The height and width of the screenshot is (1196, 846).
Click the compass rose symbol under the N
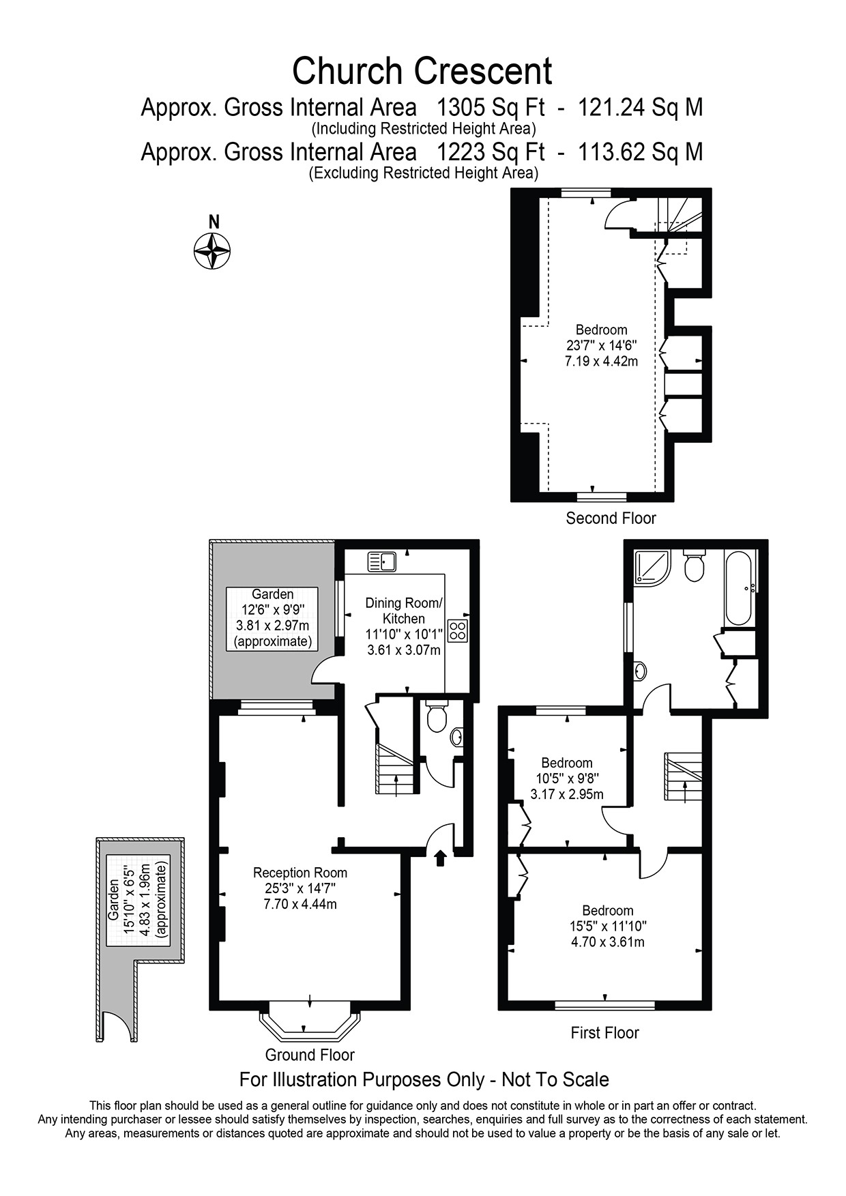coord(212,250)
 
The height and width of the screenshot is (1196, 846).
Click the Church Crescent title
coord(422,71)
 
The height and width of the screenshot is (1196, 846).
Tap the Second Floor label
coord(611,518)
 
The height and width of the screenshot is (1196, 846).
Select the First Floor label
coord(604,1032)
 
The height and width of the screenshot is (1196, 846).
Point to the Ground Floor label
coord(310,1055)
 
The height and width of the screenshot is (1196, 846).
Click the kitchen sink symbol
coord(382,561)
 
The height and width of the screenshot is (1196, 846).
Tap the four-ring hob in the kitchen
coord(458,630)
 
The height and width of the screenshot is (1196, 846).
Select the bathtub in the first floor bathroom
coord(739,588)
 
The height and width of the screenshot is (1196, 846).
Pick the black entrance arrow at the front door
coord(440,858)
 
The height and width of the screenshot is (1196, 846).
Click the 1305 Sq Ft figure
coord(491,108)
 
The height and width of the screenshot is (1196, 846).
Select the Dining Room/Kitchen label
coord(404,611)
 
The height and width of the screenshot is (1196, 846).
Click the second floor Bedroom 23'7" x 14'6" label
coord(601,345)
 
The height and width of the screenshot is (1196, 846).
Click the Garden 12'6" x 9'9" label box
coord(272,617)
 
